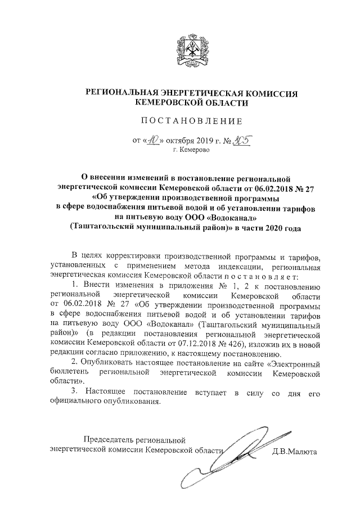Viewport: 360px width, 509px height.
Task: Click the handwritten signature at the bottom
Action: [242, 458]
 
